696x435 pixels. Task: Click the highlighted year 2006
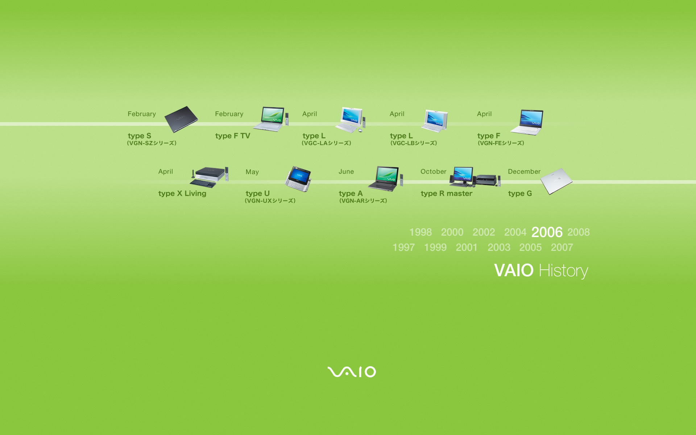coord(547,232)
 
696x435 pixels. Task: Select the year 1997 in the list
coord(403,247)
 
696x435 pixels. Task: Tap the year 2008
coord(579,232)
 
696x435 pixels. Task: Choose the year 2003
coord(499,247)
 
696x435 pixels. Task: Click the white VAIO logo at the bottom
coord(352,372)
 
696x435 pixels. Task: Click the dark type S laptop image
coord(181,119)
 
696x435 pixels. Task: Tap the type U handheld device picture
coord(298,179)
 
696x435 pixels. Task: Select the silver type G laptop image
coord(556,181)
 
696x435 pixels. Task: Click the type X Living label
coord(182,194)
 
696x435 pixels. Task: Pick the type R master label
coord(447,194)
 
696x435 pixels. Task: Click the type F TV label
coord(233,136)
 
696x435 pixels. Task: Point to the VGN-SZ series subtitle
coord(152,143)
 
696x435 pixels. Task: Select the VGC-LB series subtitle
coord(414,143)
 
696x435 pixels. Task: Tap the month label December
coord(524,171)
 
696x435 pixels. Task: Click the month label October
coord(434,171)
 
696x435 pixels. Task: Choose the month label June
coord(346,171)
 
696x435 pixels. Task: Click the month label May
coord(252,172)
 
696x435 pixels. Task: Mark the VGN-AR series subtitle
coord(363,201)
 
